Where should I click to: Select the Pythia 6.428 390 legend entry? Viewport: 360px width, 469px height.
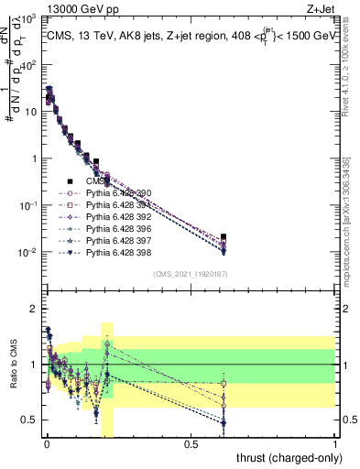(120, 193)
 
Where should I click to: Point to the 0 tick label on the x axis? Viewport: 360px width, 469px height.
(46, 444)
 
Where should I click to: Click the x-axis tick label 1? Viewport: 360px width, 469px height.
(336, 444)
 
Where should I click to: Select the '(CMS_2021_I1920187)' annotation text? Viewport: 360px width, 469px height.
(191, 274)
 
